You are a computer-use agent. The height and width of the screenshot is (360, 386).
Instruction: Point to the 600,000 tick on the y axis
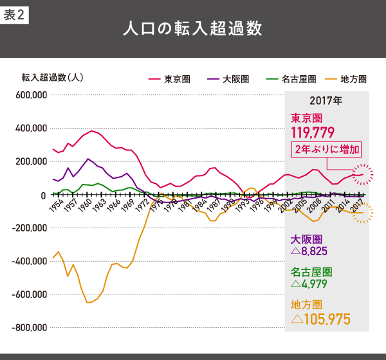30,95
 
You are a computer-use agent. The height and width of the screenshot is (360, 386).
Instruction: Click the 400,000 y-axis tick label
30,128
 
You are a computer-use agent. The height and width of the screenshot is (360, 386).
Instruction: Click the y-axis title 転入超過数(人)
52,78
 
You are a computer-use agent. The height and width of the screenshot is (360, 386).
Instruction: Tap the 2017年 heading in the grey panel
326,101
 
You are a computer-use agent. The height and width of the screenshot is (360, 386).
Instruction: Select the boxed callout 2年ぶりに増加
326,149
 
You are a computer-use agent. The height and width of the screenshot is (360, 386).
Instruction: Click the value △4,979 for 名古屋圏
312,283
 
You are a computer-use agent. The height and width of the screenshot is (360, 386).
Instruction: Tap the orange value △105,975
320,318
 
